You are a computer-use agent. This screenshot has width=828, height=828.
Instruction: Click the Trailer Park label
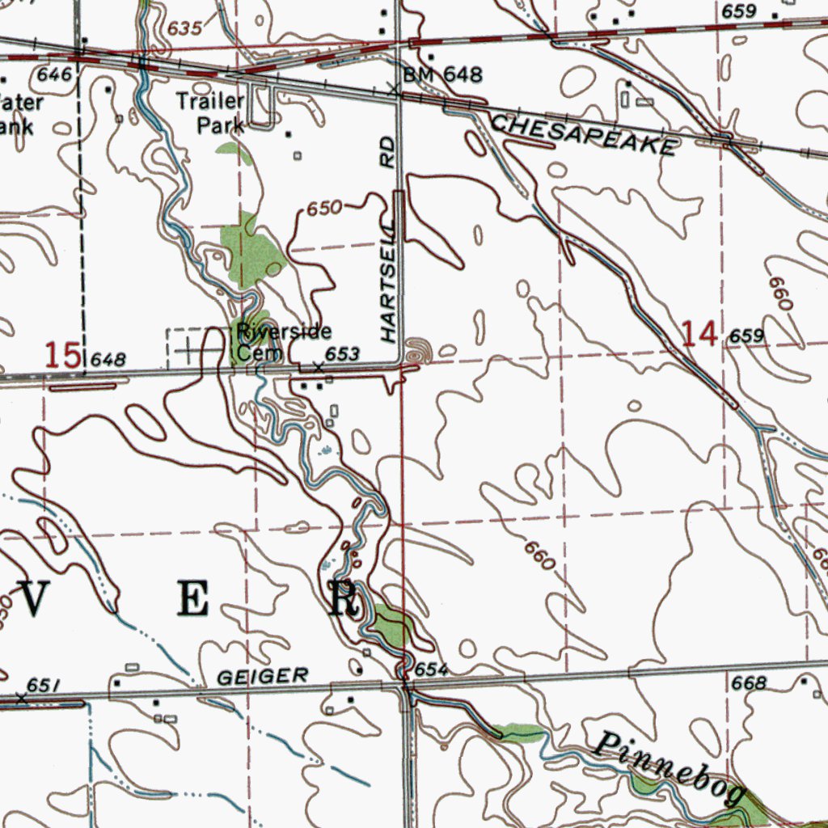coord(211,113)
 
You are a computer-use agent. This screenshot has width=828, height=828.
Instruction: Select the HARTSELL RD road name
coord(389,239)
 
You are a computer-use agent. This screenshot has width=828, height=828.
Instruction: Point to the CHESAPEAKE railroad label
coord(583,135)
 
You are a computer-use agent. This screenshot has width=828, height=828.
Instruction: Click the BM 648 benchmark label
coord(442,76)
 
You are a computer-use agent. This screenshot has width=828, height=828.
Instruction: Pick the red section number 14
coord(699,333)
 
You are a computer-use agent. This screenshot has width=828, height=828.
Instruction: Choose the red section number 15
coord(62,355)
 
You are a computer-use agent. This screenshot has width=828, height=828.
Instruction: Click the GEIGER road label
coord(263,676)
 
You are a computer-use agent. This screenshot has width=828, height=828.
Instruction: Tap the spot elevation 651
coord(45,686)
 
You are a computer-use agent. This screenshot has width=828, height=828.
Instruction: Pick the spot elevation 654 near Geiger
coord(431,670)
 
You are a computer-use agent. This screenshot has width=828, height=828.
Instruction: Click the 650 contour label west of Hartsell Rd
coord(323,209)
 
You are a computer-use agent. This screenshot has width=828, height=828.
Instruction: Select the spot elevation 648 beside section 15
coord(109,359)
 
